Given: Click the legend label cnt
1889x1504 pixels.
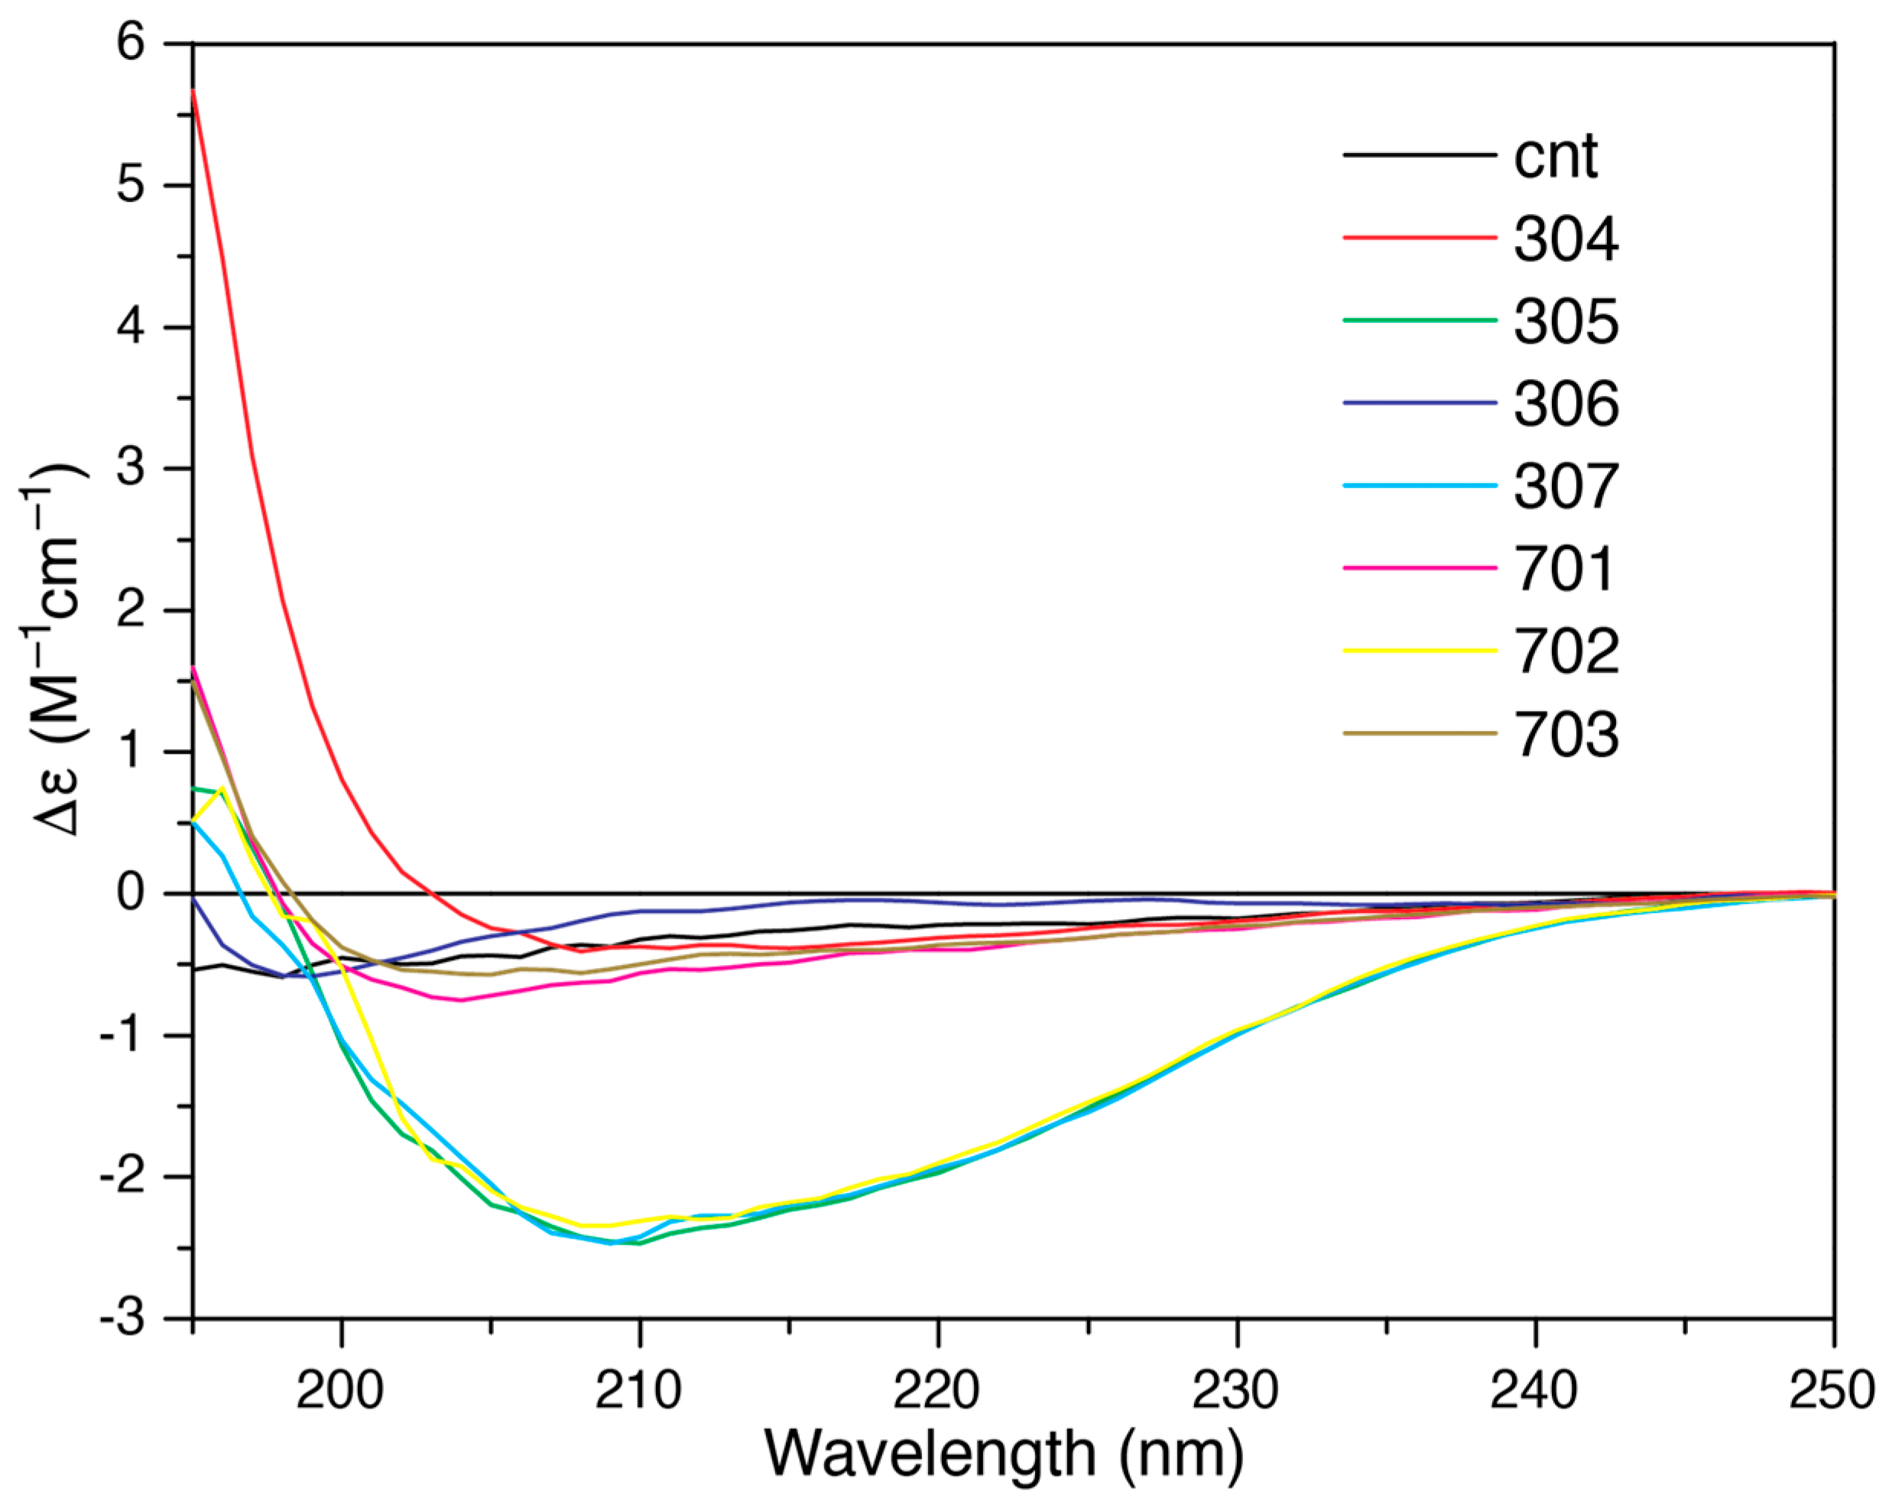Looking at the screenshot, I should point(1555,158).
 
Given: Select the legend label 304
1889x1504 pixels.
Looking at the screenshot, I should point(1566,239).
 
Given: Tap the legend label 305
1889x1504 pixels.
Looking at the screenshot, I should point(1566,322).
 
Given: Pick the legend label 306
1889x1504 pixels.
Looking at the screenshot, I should point(1566,404).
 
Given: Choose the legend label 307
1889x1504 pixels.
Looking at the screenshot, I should point(1566,486).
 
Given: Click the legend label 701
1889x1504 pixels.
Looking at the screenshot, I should point(1564,569).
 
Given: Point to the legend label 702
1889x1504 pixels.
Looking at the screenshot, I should point(1566,651).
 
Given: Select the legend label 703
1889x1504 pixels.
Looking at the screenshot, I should point(1566,733).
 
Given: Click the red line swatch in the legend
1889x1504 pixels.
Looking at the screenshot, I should point(1420,238).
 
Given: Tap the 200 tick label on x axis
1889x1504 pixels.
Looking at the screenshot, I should point(340,1390).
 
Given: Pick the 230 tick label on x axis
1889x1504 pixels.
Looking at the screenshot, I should point(1235,1390).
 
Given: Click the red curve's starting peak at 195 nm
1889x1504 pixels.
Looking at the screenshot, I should point(193,90).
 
